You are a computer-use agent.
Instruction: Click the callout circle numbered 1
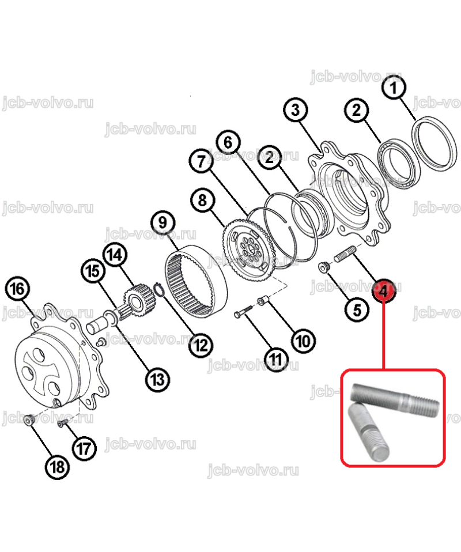pos(394,88)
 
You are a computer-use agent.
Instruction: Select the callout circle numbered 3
pos(296,110)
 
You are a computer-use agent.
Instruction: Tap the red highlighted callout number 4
pos(384,291)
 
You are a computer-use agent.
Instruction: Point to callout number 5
pos(357,310)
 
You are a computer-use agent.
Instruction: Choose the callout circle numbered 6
pos(228,142)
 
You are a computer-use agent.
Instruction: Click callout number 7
pos(201,161)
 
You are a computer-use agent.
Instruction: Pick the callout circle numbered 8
pos(202,201)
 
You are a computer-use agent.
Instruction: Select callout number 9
pos(163,222)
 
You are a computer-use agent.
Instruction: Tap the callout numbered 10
pos(304,341)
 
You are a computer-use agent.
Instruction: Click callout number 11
pos(276,360)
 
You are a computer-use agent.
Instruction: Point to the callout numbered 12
pos(201,345)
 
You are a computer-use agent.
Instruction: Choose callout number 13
pos(157,380)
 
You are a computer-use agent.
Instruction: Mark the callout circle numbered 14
pos(115,255)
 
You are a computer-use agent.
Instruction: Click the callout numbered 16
pos(17,289)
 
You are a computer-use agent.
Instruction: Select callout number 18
pos(58,467)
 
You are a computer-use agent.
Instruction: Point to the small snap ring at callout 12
pos(159,289)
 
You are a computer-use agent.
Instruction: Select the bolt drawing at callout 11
pos(243,311)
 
